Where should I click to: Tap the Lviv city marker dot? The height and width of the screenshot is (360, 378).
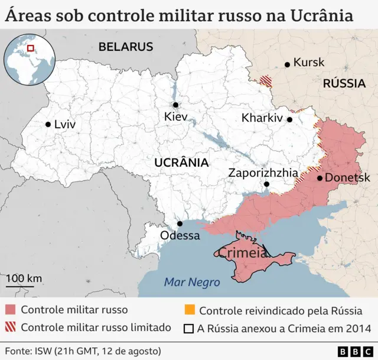[48, 124]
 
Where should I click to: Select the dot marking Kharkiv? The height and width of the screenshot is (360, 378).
[290, 119]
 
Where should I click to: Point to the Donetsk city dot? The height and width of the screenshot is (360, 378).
[320, 177]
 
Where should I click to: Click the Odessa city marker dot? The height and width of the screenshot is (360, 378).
[180, 223]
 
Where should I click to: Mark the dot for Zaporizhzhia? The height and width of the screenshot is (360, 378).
[266, 184]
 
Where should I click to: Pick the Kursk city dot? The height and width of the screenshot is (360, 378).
[287, 64]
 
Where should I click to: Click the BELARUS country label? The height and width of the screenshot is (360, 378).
[126, 47]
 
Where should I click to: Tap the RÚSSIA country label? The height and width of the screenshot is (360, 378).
[344, 83]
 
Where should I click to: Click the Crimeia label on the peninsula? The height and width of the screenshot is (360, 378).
[242, 253]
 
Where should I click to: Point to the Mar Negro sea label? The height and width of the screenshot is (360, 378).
[192, 283]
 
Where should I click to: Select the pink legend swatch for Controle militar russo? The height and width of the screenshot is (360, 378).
[10, 310]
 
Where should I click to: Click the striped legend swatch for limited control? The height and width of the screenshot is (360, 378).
[10, 327]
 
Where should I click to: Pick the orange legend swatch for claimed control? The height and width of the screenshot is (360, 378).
[189, 310]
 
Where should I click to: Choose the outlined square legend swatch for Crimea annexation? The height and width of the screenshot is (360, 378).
[189, 328]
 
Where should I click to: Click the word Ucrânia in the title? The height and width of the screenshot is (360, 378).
[321, 16]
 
